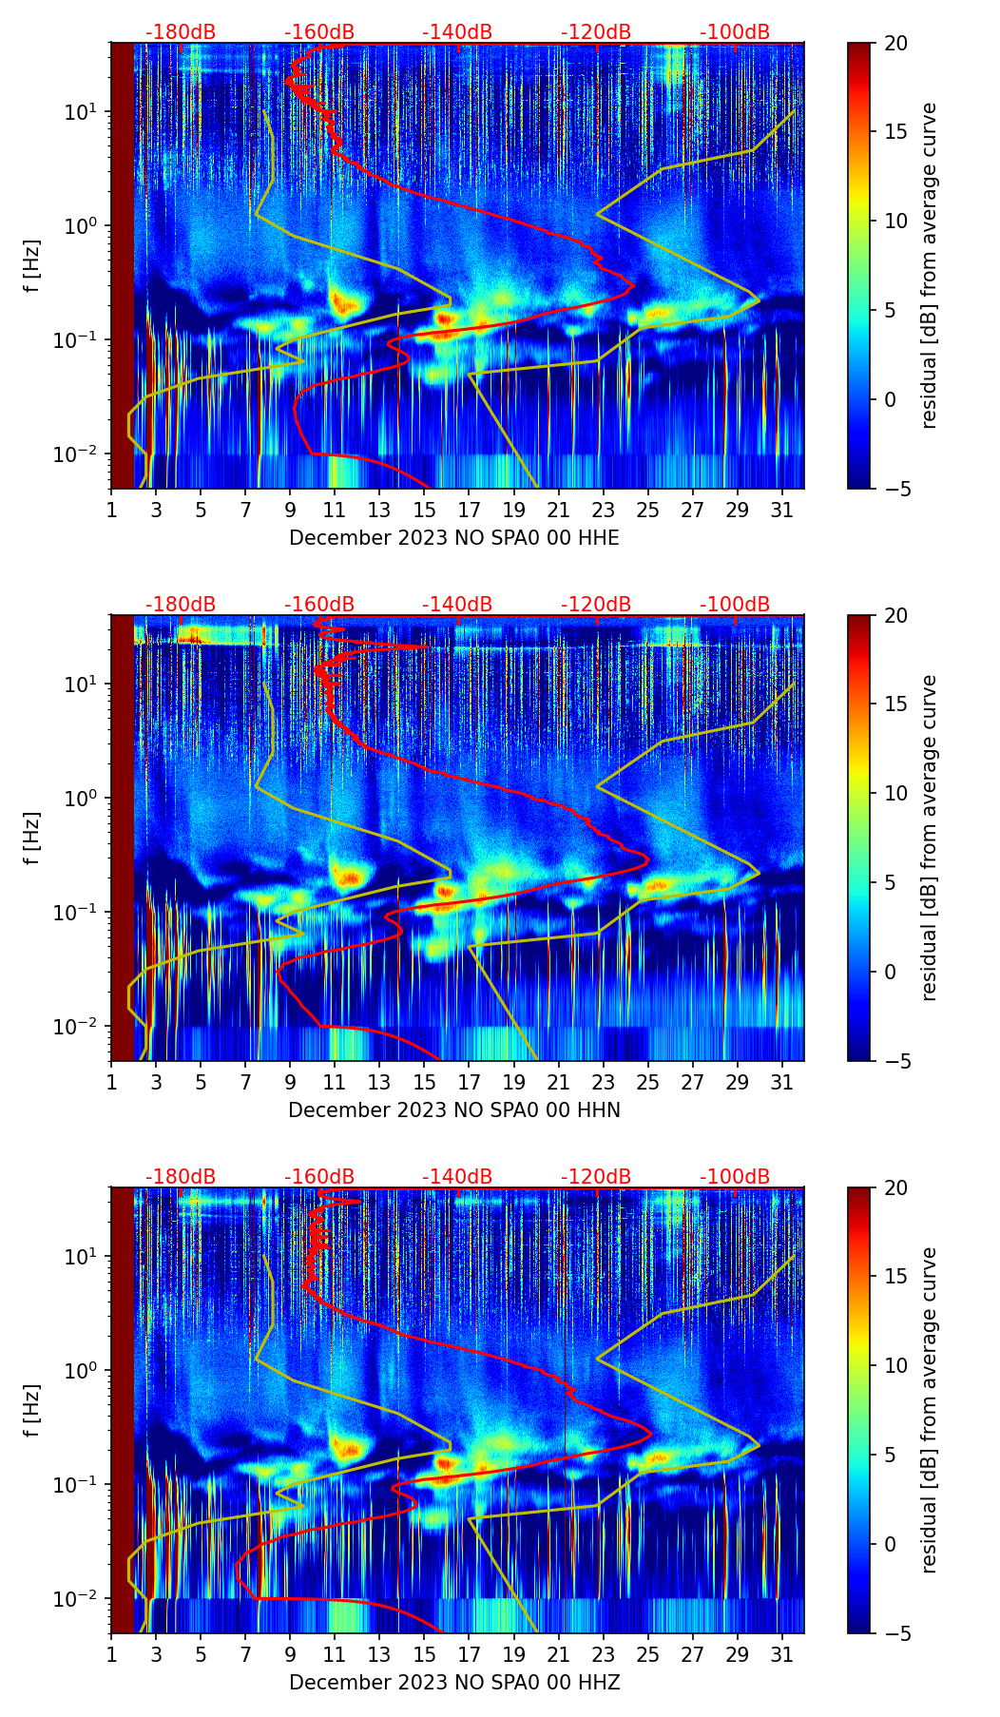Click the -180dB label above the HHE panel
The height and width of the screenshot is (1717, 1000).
pos(181,32)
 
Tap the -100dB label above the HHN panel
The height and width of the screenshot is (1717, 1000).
pos(735,605)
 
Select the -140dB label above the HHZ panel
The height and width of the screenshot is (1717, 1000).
pos(457,1177)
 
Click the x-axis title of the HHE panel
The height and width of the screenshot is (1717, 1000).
pos(453,538)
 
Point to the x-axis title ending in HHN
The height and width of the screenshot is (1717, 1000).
pos(453,1110)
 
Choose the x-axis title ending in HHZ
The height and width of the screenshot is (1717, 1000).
pos(453,1683)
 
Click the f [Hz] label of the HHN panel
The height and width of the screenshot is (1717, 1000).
pos(32,838)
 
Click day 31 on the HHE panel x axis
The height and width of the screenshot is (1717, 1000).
pos(782,510)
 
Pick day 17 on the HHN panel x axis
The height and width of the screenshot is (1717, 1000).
pos(470,1082)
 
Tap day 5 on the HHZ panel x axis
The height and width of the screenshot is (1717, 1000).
pos(201,1654)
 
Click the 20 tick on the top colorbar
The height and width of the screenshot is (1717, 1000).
pos(896,44)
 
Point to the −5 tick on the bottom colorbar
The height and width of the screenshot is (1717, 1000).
pos(896,1633)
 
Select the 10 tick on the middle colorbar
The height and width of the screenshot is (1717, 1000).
pos(896,793)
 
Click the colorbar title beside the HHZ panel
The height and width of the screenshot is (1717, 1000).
pos(930,1410)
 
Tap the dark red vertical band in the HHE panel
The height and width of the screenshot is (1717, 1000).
pos(123,266)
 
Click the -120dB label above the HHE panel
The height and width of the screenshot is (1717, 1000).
pos(596,32)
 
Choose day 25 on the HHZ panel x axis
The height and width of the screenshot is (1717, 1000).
pos(647,1654)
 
